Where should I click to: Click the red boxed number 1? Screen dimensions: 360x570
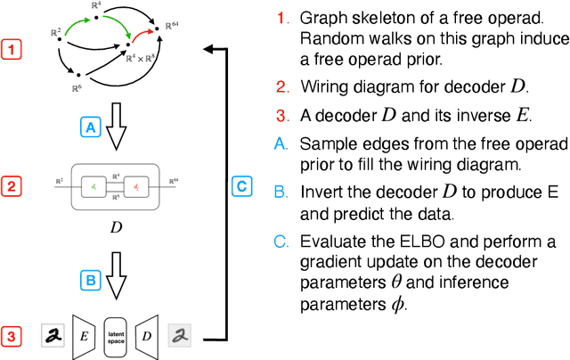click(x=12, y=50)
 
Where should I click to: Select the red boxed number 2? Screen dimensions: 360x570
click(x=12, y=187)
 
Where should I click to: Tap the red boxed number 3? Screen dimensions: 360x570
click(x=12, y=337)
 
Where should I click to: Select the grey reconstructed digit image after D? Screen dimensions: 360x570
click(x=180, y=336)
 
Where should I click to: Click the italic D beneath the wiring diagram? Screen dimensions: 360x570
click(x=116, y=227)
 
